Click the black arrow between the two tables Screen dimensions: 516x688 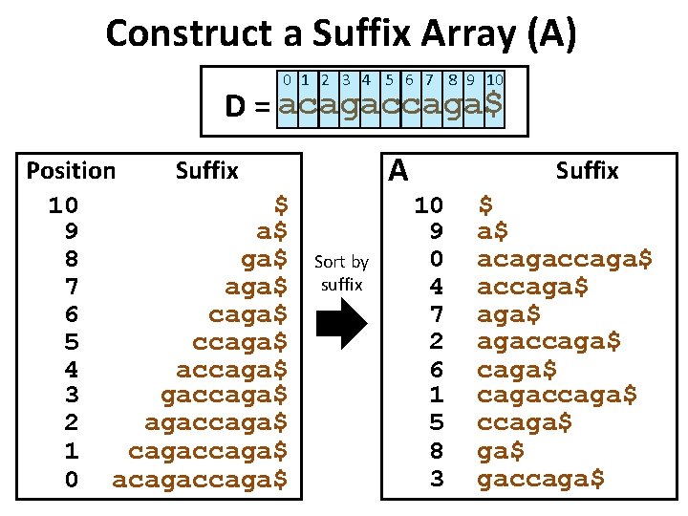pyautogui.click(x=341, y=326)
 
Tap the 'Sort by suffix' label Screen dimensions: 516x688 pyautogui.click(x=341, y=273)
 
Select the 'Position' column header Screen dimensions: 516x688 pyautogui.click(x=71, y=171)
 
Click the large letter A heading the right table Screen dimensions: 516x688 pyautogui.click(x=399, y=170)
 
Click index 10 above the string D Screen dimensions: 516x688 pyautogui.click(x=495, y=80)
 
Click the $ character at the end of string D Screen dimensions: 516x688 pyautogui.click(x=493, y=104)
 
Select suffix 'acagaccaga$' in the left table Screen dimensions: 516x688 pyautogui.click(x=200, y=479)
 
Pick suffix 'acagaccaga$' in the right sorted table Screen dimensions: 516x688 pyautogui.click(x=565, y=259)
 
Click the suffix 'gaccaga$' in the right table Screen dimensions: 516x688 pyautogui.click(x=541, y=479)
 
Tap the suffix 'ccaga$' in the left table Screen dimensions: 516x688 pyautogui.click(x=242, y=341)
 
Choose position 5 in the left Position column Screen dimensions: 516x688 pyautogui.click(x=71, y=341)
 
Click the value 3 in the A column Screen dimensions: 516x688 pyautogui.click(x=436, y=479)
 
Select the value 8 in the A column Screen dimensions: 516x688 pyautogui.click(x=436, y=451)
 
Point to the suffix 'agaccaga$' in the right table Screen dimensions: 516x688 pyautogui.click(x=549, y=341)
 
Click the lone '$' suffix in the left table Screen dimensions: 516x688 pyautogui.click(x=281, y=204)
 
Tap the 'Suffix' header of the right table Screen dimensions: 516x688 pyautogui.click(x=587, y=171)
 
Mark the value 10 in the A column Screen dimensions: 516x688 pyautogui.click(x=428, y=204)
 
